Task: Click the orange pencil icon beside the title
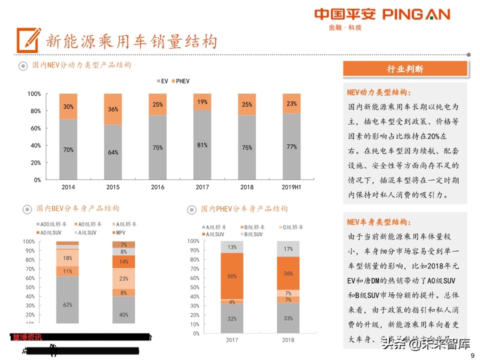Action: [28, 40]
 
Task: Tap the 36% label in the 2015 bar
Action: [113, 109]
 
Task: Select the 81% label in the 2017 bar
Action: [202, 145]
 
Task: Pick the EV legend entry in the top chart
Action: [161, 81]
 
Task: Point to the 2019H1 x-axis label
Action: [291, 187]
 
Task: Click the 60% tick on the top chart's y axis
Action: [34, 128]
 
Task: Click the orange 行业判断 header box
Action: [405, 69]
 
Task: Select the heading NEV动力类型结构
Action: [379, 92]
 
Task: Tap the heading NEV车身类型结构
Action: [379, 222]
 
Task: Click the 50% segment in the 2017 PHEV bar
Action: [232, 276]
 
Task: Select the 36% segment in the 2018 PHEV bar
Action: [288, 273]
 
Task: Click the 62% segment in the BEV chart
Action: [67, 304]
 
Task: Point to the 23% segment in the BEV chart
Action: [124, 278]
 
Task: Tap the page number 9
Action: [472, 355]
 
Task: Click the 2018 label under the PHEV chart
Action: [288, 340]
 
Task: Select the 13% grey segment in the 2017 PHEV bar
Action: [232, 247]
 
